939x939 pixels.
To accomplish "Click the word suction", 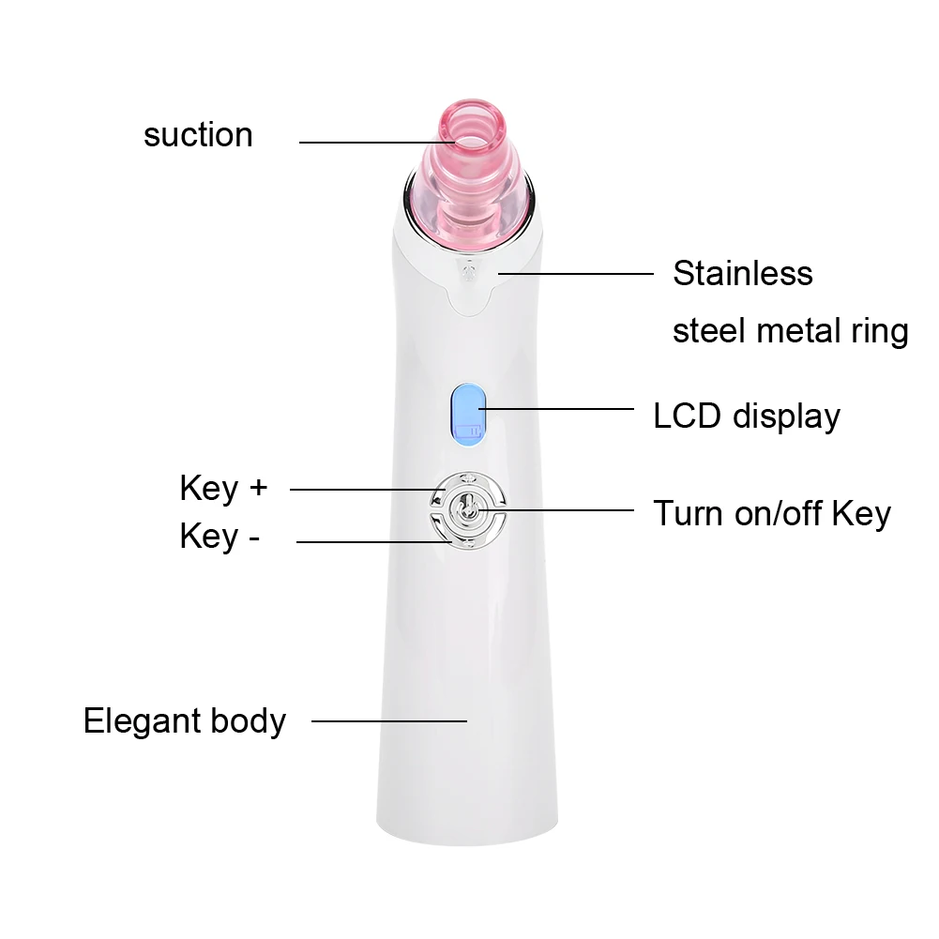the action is [x=198, y=135].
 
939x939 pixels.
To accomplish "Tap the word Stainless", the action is [x=742, y=274].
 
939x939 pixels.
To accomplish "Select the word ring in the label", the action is [x=881, y=331].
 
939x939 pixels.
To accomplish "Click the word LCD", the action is [x=688, y=416].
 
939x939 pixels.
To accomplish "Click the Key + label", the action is [x=223, y=489].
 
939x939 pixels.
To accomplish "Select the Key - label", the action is [x=219, y=537].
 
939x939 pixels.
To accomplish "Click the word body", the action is [x=247, y=721].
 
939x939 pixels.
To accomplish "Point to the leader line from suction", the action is [x=375, y=143].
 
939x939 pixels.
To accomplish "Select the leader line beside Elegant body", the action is [x=388, y=720].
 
